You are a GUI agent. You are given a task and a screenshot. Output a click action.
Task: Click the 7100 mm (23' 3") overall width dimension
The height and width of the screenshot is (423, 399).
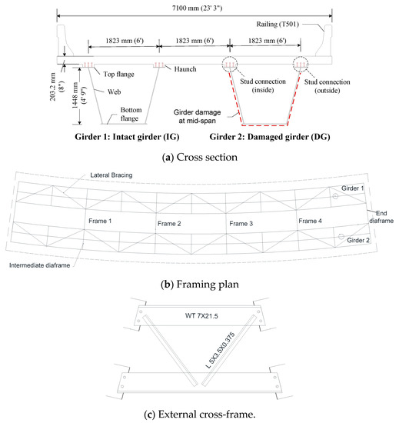click(198, 7)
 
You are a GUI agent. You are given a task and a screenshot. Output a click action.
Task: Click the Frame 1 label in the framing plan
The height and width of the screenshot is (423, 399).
click(101, 219)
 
